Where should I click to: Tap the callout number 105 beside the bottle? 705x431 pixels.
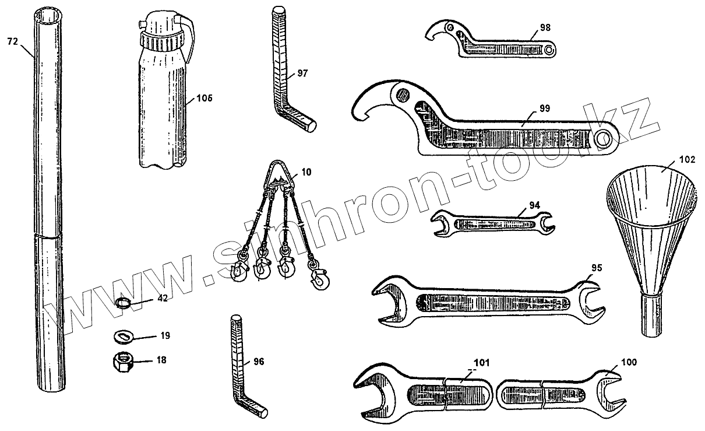(x=205, y=98)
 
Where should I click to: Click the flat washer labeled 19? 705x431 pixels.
(x=123, y=336)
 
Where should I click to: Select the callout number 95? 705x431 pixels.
(x=596, y=268)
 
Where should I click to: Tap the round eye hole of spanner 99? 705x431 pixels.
(x=603, y=138)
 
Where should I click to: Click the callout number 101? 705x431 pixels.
(x=481, y=362)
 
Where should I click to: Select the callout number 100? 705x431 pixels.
(x=629, y=362)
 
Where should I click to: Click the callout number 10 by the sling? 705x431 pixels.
(x=306, y=172)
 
